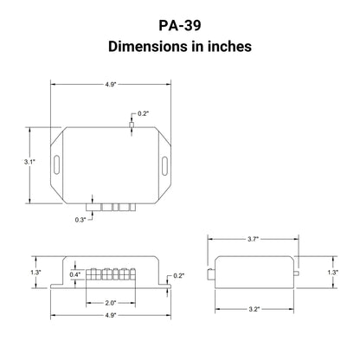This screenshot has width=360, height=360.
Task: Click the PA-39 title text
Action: pyautogui.click(x=180, y=25)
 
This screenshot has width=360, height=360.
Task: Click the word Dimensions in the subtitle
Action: pyautogui.click(x=148, y=47)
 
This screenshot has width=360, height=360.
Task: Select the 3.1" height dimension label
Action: pyautogui.click(x=29, y=162)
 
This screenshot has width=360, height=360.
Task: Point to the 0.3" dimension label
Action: pyautogui.click(x=80, y=220)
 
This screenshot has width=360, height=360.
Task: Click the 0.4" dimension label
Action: pyautogui.click(x=75, y=274)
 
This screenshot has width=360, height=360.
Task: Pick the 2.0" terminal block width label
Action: pyautogui.click(x=110, y=303)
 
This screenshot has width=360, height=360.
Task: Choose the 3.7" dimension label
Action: pyautogui.click(x=253, y=239)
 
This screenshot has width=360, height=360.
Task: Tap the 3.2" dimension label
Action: pyautogui.click(x=254, y=309)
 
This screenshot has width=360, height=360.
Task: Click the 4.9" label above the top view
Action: pyautogui.click(x=110, y=85)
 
